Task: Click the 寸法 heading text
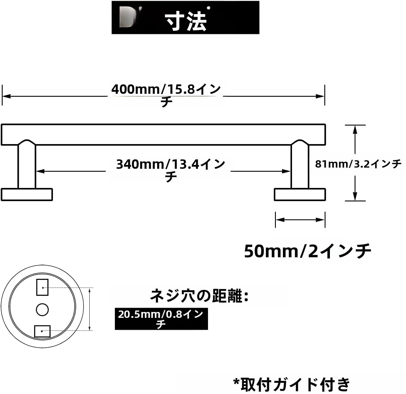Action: [x=186, y=21]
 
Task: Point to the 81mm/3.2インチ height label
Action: [x=358, y=164]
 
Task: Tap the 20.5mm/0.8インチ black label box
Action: [x=161, y=319]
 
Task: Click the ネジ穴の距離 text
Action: [x=199, y=296]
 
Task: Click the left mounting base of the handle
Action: [x=27, y=195]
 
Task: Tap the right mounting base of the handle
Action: [x=300, y=195]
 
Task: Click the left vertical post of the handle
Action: [x=27, y=166]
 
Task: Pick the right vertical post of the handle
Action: [x=300, y=166]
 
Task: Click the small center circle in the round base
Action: [x=42, y=309]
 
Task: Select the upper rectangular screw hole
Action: [x=42, y=287]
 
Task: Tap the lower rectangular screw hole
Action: [x=42, y=331]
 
